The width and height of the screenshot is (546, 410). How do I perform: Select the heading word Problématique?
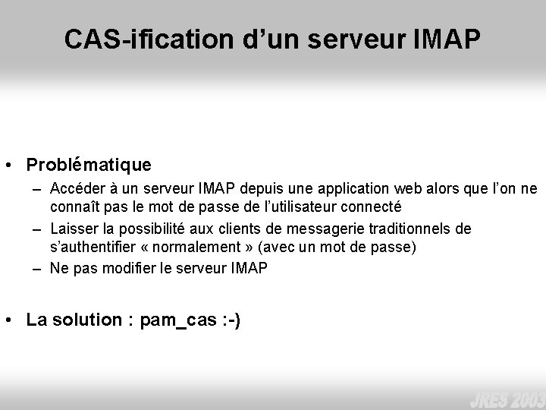pos(89,164)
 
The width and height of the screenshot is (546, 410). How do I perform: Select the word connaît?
pos(74,206)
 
